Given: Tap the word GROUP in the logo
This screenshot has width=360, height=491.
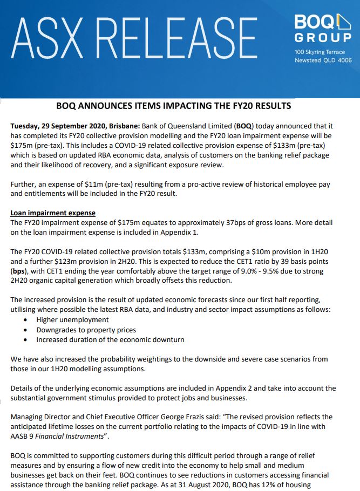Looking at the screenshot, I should (x=323, y=38).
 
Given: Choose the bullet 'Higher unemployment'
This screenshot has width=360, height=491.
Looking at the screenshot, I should (x=72, y=320).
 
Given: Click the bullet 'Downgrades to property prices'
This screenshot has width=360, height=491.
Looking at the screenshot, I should (x=86, y=330).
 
